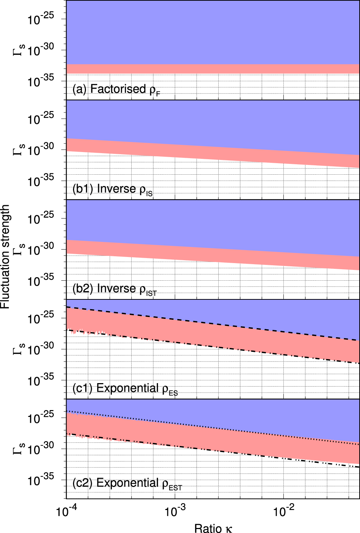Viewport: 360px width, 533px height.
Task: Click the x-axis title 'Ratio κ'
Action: pyautogui.click(x=213, y=528)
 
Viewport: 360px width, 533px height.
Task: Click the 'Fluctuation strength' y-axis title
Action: pyautogui.click(x=5, y=257)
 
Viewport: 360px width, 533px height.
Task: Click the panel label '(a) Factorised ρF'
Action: pyautogui.click(x=116, y=89)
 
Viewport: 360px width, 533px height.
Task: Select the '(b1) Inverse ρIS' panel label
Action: pyautogui.click(x=112, y=189)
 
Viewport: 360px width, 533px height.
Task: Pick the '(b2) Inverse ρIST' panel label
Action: pyautogui.click(x=114, y=289)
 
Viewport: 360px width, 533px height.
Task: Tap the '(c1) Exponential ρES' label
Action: pyautogui.click(x=125, y=389)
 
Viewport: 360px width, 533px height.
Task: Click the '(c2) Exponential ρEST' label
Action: pyautogui.click(x=127, y=483)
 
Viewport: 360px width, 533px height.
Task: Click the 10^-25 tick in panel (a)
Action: pyautogui.click(x=41, y=19)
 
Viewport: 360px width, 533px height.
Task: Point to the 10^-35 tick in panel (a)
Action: pyautogui.click(x=41, y=81)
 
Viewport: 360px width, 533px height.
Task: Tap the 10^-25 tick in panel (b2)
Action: pyautogui.click(x=41, y=218)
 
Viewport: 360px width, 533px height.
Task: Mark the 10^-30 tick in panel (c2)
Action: pyautogui.click(x=41, y=448)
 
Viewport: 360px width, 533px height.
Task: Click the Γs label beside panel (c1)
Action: pyautogui.click(x=19, y=349)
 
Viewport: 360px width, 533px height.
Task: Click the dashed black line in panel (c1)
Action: pyautogui.click(x=216, y=323)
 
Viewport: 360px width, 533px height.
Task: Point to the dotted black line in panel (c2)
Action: pyautogui.click(x=216, y=427)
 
